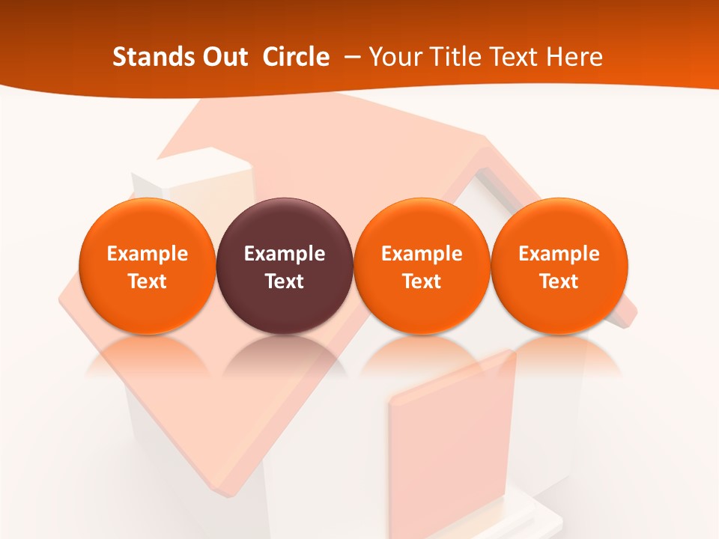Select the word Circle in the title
[x=296, y=57]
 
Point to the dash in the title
[x=351, y=57]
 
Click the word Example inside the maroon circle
[x=285, y=254]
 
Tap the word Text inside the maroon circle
[x=285, y=281]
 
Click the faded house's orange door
[x=449, y=442]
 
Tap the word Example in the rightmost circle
[x=559, y=254]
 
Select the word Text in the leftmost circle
[x=148, y=281]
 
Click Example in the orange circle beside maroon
[x=422, y=254]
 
